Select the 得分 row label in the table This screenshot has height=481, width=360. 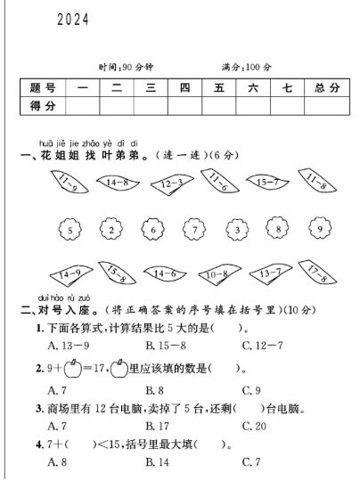pyautogui.click(x=42, y=106)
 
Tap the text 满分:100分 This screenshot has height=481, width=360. pyautogui.click(x=247, y=67)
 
